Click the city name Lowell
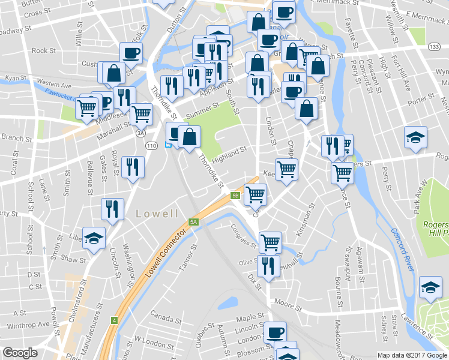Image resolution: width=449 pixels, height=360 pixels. pos(157,214)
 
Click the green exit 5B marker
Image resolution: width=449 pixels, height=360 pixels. pos(235,195)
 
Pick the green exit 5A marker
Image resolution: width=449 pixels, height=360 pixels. pos(193,222)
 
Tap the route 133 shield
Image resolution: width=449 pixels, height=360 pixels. pos(434,46)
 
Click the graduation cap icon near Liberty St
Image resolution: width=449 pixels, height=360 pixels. pos(94,238)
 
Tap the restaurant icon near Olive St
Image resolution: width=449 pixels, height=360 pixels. pos(268,265)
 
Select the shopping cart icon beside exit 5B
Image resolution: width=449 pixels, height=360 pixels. pos(256,193)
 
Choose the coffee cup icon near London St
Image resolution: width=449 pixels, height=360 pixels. pos(276,332)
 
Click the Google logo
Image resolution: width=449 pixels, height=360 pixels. pos(20,353)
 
